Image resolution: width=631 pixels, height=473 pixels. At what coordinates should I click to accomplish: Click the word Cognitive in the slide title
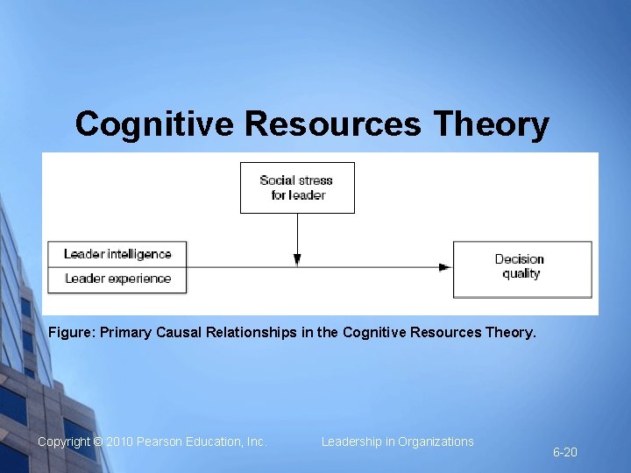point(153,124)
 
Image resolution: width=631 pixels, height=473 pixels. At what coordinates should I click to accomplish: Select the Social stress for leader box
point(297,187)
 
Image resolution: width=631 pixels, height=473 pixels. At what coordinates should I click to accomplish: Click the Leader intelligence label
point(117,254)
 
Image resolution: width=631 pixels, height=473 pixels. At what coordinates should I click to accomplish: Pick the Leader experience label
point(117,279)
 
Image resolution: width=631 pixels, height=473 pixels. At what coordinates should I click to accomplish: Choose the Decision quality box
point(521,266)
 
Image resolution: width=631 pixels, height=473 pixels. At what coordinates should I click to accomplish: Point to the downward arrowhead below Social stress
point(297,259)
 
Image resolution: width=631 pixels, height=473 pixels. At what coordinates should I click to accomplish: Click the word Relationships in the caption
point(254,333)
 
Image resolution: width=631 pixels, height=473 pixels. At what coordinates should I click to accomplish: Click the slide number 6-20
point(564,453)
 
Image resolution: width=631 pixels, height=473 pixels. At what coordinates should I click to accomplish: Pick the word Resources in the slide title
point(333,124)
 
